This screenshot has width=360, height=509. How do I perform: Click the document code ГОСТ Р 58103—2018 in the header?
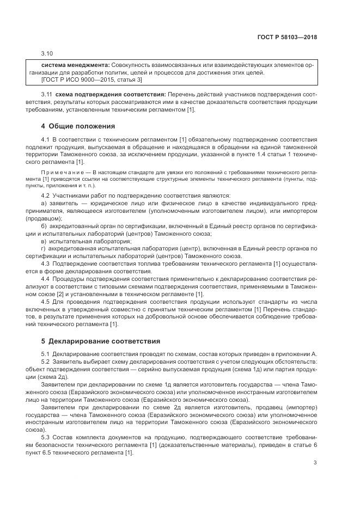tap(287, 38)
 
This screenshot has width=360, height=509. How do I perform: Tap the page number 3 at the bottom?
tap(315, 463)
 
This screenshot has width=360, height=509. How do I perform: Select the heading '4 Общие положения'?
tap(78, 126)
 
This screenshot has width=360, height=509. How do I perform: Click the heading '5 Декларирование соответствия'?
tap(101, 341)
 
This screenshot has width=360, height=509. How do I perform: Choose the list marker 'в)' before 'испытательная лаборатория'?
tap(45, 241)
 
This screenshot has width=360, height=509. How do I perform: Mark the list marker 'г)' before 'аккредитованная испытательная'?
tap(44, 248)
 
